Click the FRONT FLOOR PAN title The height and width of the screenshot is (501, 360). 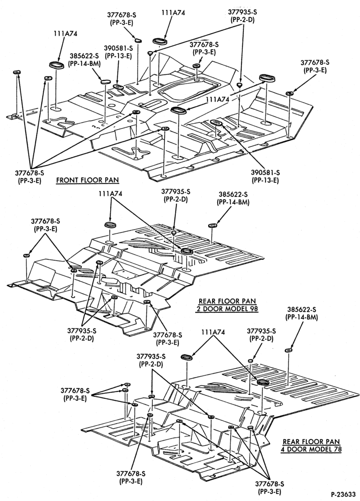click(x=87, y=180)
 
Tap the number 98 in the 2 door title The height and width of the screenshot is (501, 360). click(x=253, y=309)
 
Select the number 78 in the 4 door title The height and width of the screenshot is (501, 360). click(x=337, y=449)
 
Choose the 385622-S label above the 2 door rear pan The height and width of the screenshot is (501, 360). click(x=233, y=194)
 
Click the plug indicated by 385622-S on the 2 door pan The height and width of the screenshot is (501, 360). click(x=212, y=226)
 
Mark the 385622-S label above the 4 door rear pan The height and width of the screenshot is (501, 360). click(x=302, y=309)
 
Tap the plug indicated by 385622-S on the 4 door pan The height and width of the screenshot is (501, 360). click(x=289, y=350)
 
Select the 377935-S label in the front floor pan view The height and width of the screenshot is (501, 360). click(x=242, y=12)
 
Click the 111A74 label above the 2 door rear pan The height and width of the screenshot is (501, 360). click(x=111, y=194)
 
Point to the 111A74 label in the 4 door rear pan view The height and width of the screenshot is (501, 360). click(x=213, y=332)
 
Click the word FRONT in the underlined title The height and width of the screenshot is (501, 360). click(x=66, y=180)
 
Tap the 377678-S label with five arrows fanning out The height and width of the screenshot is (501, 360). click(x=29, y=173)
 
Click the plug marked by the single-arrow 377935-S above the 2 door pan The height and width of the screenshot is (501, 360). click(x=173, y=232)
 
